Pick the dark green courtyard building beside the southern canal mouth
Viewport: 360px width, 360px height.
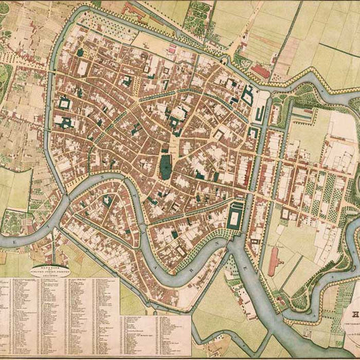pyautogui.click(x=236, y=217)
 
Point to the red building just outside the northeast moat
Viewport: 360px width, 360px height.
pyautogui.click(x=260, y=70)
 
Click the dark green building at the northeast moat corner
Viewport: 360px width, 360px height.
pyautogui.click(x=247, y=95)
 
